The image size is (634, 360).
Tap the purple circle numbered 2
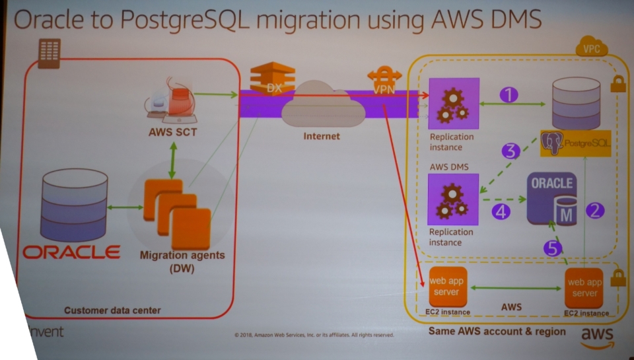point(595,211)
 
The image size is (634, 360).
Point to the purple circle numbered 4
point(501,212)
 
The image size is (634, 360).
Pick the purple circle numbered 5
point(553,248)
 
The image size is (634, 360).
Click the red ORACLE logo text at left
point(71,252)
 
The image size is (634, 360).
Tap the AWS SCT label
point(172,133)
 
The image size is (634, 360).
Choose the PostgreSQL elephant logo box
point(575,142)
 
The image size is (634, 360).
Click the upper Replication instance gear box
point(453,103)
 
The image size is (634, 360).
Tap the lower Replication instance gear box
point(453,199)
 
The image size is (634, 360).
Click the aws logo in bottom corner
point(597,337)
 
